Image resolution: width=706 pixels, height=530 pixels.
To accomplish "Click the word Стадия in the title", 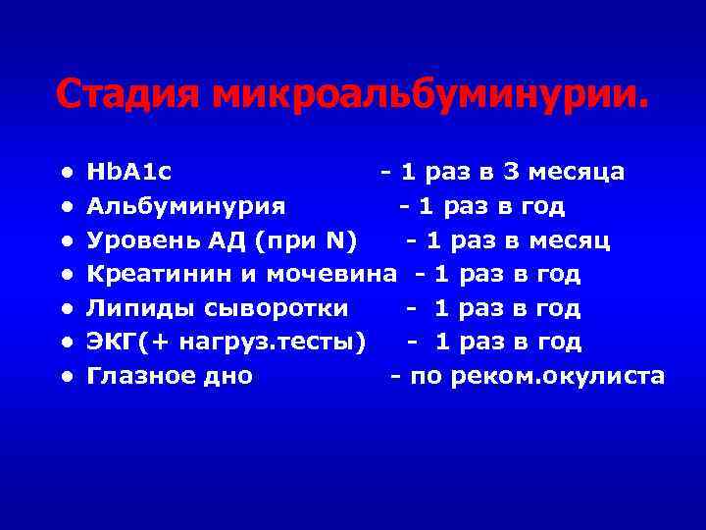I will (x=128, y=95).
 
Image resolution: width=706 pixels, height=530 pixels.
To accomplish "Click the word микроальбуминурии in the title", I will (x=430, y=95).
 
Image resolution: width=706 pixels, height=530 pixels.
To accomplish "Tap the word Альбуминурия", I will (x=186, y=207).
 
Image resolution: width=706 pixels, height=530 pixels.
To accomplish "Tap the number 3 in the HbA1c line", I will (x=510, y=174).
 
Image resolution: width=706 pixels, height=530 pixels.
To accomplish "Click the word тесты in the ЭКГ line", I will (x=328, y=343).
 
